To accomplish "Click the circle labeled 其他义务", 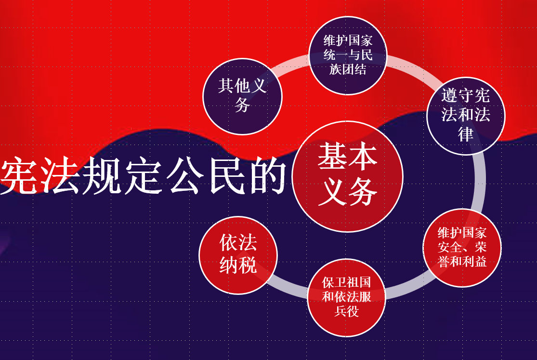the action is click(242, 96).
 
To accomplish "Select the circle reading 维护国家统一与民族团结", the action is click(348, 55).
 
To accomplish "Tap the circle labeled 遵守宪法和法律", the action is click(466, 116).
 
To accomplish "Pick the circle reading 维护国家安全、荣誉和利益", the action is click(462, 248).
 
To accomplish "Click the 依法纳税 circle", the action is click(238, 255).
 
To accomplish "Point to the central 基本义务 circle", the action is click(347, 176).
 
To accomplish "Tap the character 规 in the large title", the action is click(102, 176).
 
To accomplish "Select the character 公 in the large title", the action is click(184, 176).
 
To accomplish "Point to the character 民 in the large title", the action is click(225, 176).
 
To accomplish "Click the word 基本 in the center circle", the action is click(347, 156).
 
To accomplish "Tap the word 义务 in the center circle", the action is click(347, 192).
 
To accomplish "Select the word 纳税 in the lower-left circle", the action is click(238, 265).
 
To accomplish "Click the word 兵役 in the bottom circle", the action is click(346, 311).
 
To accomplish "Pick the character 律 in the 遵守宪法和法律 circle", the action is click(466, 134).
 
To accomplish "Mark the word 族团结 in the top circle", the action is click(348, 69).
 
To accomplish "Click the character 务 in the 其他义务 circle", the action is click(242, 105).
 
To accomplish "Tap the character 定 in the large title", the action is click(143, 176).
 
